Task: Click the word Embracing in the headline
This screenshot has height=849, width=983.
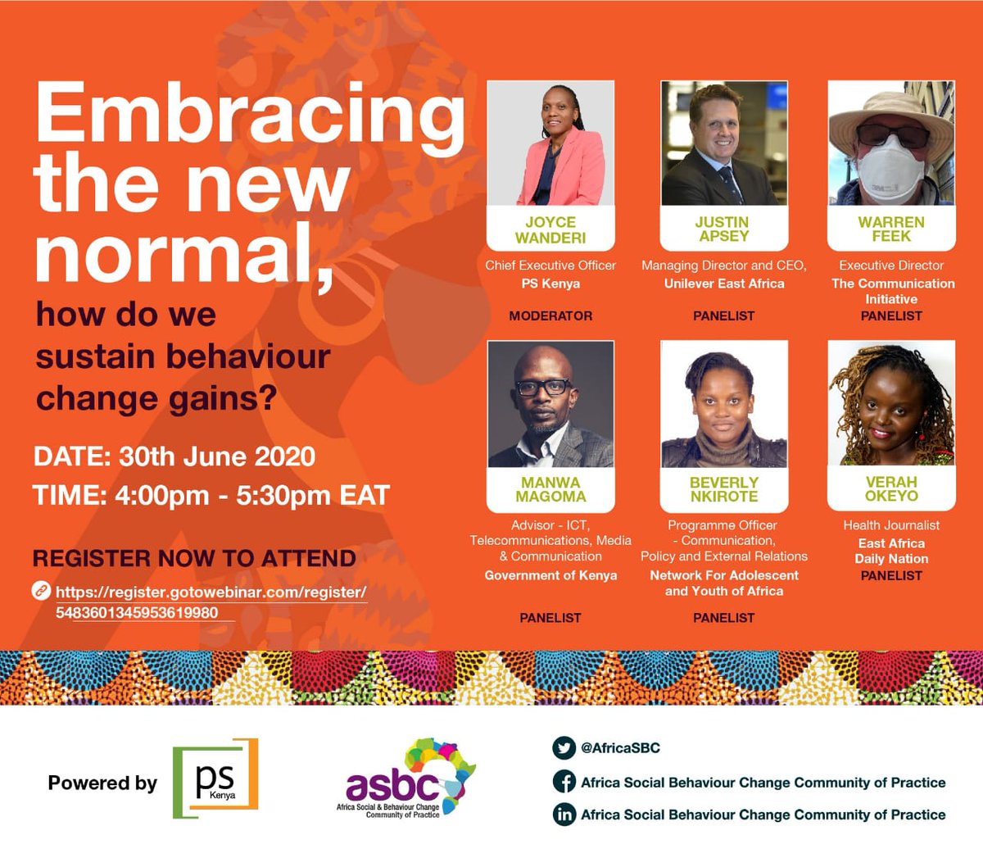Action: click(249, 116)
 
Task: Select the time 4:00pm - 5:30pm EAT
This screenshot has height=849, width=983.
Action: click(211, 495)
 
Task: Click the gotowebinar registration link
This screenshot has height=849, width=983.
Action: click(211, 602)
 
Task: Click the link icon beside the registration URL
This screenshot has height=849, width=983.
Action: click(40, 591)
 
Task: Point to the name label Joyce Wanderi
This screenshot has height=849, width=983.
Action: click(550, 230)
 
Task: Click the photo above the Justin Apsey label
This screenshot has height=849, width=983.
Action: click(724, 143)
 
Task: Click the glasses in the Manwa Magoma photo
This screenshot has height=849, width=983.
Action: click(544, 388)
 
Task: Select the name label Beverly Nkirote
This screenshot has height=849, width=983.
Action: click(724, 489)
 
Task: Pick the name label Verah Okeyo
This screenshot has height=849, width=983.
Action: click(891, 489)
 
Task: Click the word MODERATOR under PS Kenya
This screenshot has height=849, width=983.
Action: click(550, 316)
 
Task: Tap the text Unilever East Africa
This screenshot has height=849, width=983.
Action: click(724, 284)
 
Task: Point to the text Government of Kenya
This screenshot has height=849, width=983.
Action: click(550, 575)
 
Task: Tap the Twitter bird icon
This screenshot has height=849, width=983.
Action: click(564, 747)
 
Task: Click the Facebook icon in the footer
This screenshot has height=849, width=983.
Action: click(564, 782)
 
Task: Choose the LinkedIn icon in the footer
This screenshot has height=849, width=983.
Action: click(564, 815)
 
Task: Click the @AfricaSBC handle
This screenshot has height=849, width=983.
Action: click(620, 747)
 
